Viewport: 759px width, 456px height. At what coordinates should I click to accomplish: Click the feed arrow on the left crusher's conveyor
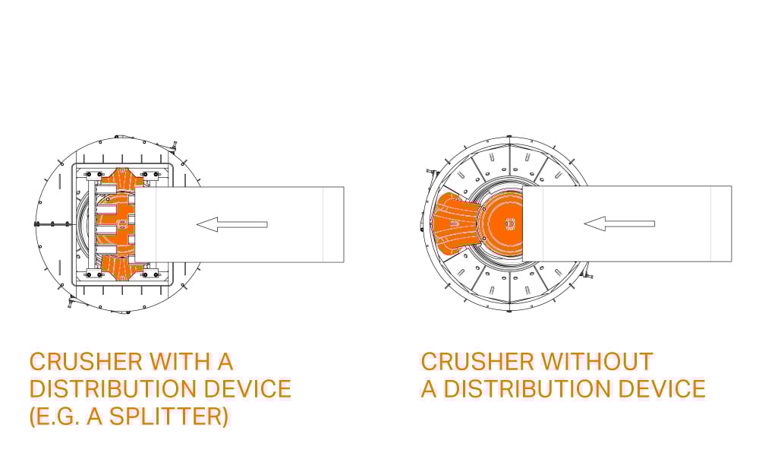point(231,224)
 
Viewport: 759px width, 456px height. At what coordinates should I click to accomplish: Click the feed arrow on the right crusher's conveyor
point(619,223)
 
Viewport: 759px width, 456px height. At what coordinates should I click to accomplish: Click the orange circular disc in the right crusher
point(505,223)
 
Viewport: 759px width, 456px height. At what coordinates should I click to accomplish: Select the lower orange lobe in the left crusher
point(121,267)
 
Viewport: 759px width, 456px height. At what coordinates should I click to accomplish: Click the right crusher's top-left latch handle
point(428,168)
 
